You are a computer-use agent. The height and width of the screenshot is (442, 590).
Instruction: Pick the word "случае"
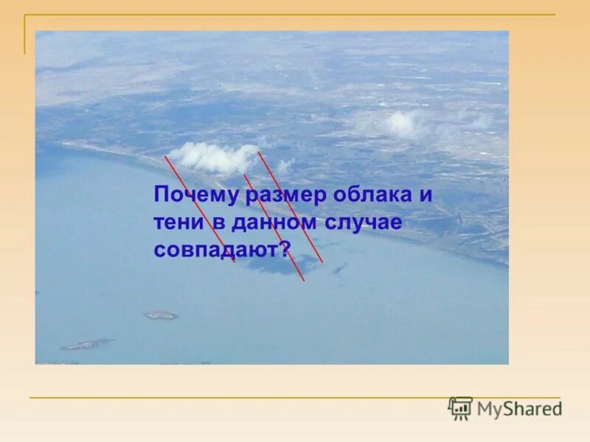[x=367, y=222]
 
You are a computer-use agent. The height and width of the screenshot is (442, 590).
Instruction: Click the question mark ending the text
[x=286, y=248]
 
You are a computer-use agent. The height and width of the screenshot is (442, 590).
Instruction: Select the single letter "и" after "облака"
[x=424, y=197]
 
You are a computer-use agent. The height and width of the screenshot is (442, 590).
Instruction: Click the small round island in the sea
[x=161, y=315]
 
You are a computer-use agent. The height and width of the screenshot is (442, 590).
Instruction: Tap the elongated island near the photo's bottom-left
[x=87, y=343]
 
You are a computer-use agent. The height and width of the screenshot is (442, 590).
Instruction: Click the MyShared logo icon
[x=460, y=408]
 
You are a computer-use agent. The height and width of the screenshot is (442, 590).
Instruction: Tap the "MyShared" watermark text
[x=519, y=409]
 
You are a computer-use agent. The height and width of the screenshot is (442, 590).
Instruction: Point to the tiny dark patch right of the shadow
[x=339, y=269]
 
